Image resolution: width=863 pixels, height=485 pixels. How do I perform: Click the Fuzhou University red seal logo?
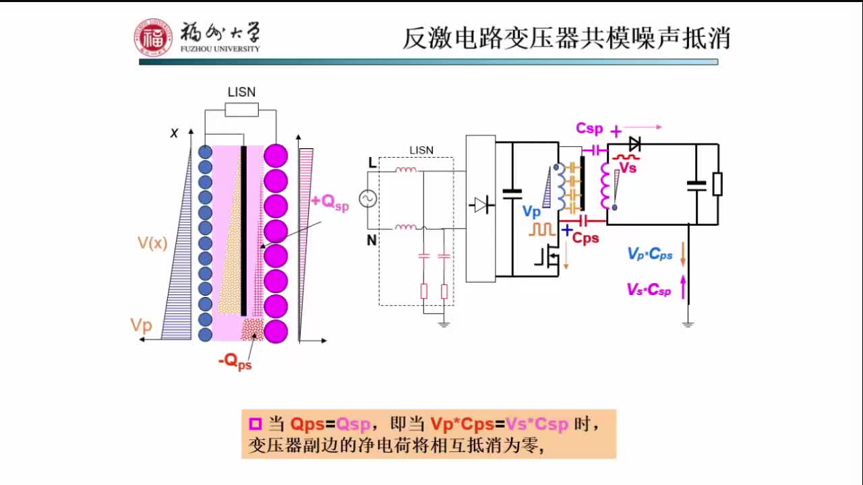click(x=153, y=37)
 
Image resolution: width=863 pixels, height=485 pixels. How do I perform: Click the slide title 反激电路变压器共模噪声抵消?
click(x=566, y=38)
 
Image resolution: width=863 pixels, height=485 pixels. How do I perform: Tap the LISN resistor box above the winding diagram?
click(x=241, y=110)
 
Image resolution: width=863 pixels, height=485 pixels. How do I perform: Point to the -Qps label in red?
click(x=235, y=362)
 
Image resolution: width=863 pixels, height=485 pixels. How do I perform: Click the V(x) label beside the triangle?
click(x=152, y=243)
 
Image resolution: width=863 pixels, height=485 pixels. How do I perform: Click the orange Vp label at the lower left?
click(x=142, y=326)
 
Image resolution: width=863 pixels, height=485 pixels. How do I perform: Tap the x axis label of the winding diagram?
click(x=174, y=133)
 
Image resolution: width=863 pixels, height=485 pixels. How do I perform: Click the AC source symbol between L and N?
click(x=368, y=199)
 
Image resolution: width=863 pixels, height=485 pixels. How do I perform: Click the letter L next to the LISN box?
click(x=371, y=162)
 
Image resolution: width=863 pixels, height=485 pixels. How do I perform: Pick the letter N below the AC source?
click(x=371, y=240)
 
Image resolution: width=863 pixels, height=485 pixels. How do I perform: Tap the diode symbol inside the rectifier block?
click(x=481, y=205)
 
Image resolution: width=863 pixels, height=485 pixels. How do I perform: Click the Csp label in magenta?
click(x=589, y=128)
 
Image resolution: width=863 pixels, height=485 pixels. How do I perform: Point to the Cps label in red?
click(x=585, y=238)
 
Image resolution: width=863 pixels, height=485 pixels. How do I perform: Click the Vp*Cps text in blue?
click(x=649, y=254)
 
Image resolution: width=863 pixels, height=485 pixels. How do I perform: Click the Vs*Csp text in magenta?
click(x=649, y=290)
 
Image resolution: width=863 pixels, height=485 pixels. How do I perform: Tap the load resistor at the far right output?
click(x=717, y=184)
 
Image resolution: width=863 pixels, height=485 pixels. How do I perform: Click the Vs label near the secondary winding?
click(x=628, y=168)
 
